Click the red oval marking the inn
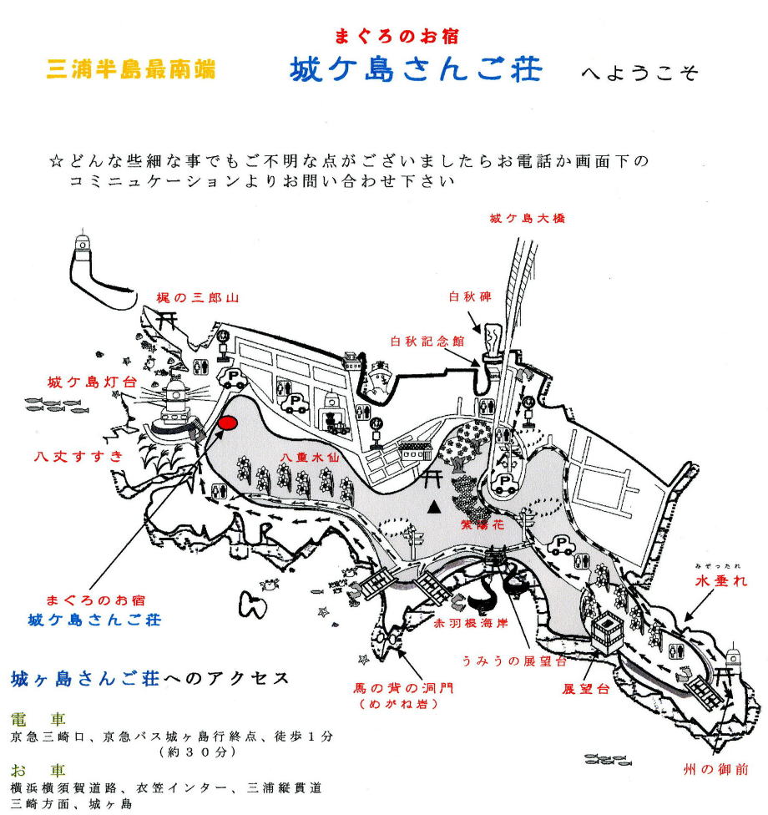[226, 422]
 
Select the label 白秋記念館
[424, 341]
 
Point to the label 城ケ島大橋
[528, 219]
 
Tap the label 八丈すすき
[78, 456]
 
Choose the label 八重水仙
[300, 457]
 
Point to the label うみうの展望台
[514, 661]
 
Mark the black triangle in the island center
[433, 506]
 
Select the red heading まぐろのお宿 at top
[397, 37]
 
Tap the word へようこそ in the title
[639, 73]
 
